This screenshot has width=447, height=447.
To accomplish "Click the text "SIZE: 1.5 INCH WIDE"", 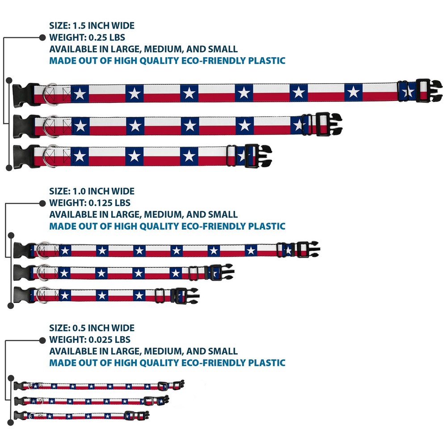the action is pyautogui.click(x=92, y=25).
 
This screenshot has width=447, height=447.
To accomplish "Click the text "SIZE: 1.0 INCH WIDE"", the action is pyautogui.click(x=92, y=191).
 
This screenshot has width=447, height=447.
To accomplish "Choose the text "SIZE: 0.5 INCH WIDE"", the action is pyautogui.click(x=92, y=328).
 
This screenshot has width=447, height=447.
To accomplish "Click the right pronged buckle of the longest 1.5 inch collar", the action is pyautogui.click(x=428, y=91).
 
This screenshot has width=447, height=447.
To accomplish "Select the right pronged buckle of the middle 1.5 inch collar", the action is pyautogui.click(x=328, y=124).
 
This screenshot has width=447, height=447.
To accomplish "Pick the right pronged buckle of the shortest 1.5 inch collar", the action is pyautogui.click(x=257, y=155).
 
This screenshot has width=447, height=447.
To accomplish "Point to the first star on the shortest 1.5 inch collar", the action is pyautogui.click(x=80, y=156).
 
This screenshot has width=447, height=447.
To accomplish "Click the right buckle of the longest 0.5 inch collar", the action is pyautogui.click(x=177, y=385).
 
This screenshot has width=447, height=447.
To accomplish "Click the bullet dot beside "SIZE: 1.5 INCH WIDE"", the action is pyautogui.click(x=42, y=37).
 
